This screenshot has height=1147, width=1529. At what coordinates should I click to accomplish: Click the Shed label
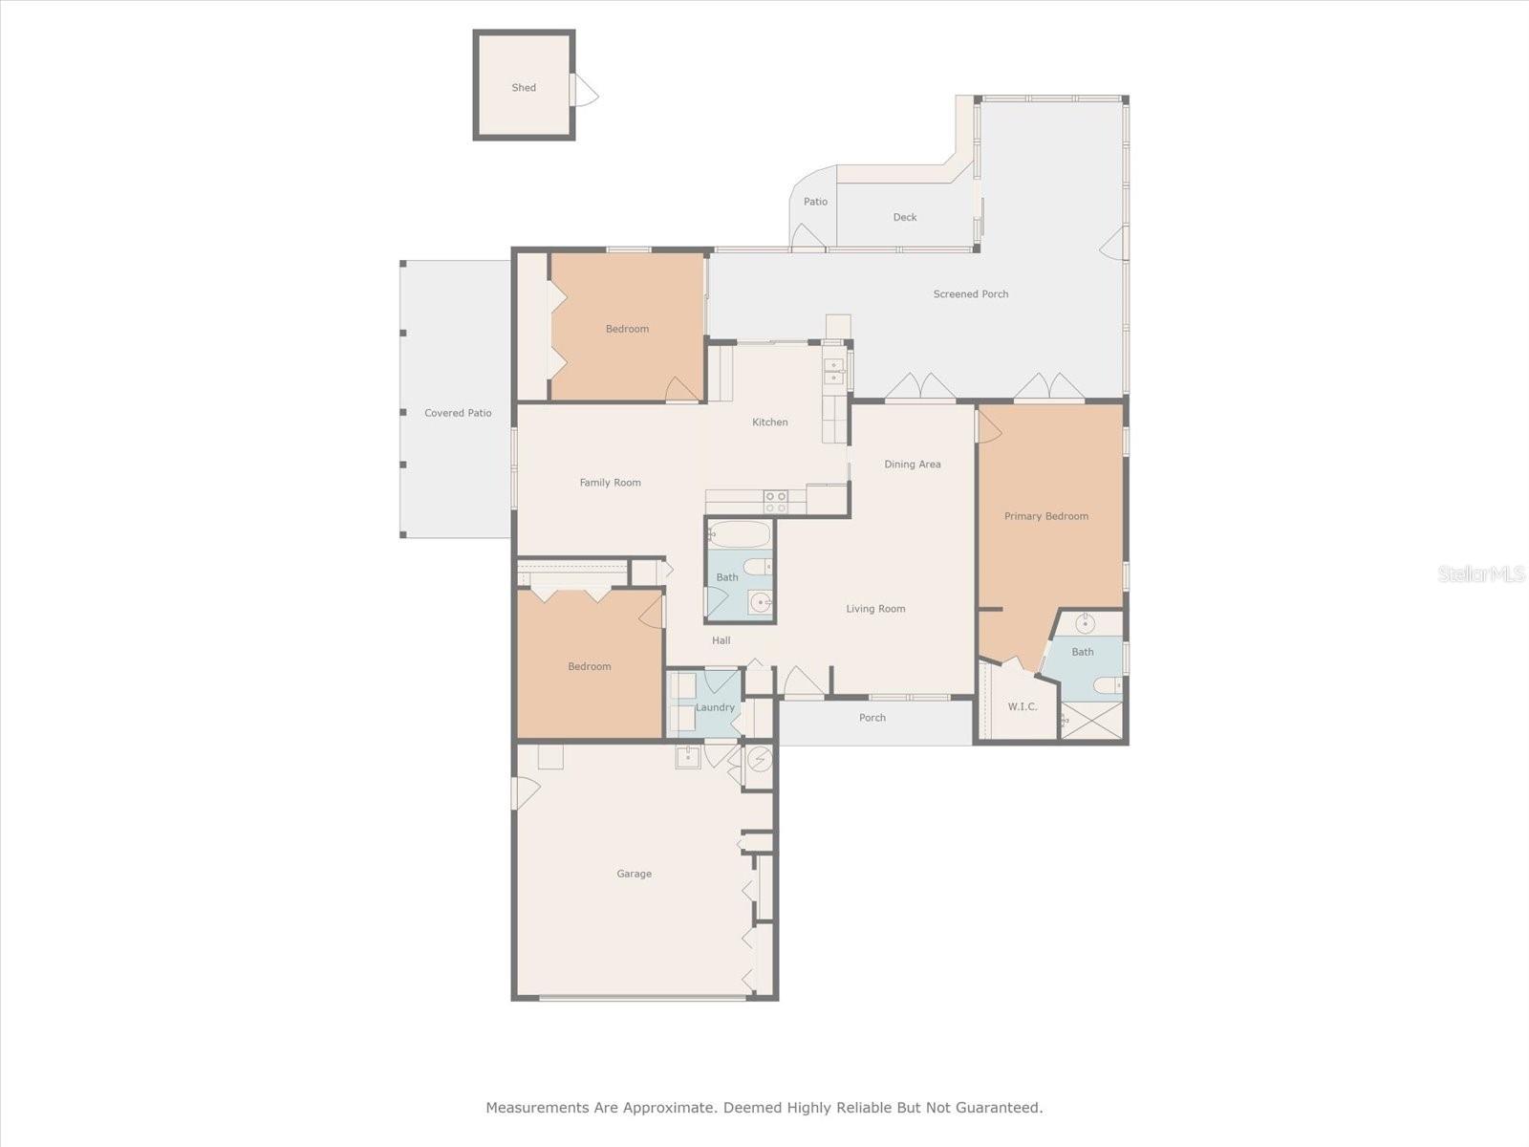coord(524,87)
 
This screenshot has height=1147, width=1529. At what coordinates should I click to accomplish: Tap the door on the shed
coord(584,91)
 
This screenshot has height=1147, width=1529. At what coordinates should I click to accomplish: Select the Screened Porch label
coord(971,294)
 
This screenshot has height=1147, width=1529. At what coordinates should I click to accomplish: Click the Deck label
coord(905,217)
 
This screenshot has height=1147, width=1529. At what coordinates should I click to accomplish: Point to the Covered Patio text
coord(458,413)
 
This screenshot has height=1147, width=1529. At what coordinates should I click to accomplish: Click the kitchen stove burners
coord(775,502)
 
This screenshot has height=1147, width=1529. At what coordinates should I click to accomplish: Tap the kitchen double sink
coord(834,371)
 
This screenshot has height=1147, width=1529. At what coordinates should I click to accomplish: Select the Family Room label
coord(610,483)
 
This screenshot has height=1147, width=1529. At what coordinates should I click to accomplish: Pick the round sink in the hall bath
coord(760,602)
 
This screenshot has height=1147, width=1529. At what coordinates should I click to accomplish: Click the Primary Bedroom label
coord(1045,516)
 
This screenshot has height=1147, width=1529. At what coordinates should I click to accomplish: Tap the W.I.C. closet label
coord(1022,706)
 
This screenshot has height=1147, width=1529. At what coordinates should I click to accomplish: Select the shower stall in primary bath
coord(1091,720)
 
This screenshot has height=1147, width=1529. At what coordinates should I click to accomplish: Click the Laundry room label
coord(715,707)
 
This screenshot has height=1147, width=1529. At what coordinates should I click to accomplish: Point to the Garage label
coord(634,874)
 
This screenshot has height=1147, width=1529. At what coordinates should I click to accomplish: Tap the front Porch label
coord(872,718)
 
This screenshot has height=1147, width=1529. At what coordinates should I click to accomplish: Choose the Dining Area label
coord(912,465)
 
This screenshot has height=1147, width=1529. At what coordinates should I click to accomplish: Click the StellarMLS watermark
coord(1481,573)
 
